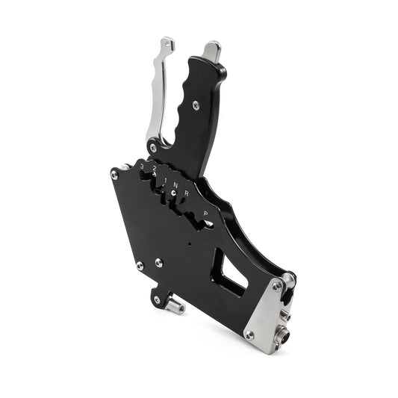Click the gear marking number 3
[x=142, y=166]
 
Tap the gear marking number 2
[x=153, y=170]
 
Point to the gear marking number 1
[x=165, y=176]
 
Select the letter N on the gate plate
[x=175, y=183]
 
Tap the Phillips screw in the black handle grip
[x=196, y=106]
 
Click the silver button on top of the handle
[x=212, y=50]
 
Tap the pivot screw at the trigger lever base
[x=153, y=148]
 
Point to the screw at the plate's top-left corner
[x=114, y=175]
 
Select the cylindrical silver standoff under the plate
[x=176, y=305]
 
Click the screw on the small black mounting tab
[x=156, y=299]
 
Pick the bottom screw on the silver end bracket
[x=249, y=335]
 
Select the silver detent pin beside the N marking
[x=173, y=193]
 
